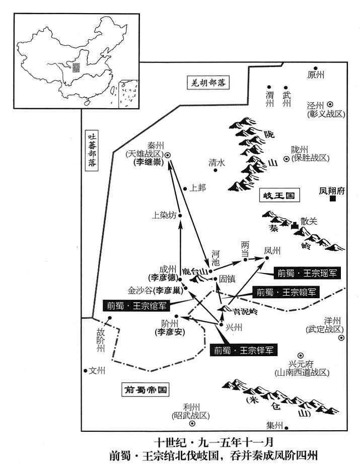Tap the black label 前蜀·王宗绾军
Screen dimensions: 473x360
tap(136, 305)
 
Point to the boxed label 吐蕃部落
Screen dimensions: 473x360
tap(92, 150)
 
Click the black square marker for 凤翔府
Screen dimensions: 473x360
tap(333, 200)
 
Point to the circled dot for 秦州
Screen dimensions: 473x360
tap(168, 155)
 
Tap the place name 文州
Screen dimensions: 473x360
tap(97, 371)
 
